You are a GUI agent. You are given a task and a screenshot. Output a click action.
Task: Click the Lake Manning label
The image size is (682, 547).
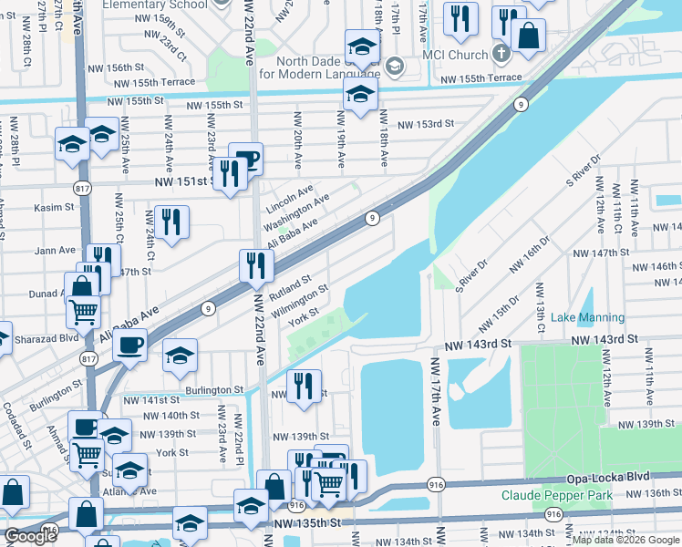pyautogui.click(x=587, y=317)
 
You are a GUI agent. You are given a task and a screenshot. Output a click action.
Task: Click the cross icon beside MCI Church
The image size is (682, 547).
pyautogui.click(x=500, y=53)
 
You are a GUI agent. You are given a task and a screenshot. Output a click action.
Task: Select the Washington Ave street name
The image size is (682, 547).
pyautogui.click(x=296, y=212)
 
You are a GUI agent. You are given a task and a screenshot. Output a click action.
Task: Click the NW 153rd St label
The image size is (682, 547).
pyautogui.click(x=422, y=123)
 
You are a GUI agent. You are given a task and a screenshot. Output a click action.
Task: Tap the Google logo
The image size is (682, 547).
pyautogui.click(x=30, y=536)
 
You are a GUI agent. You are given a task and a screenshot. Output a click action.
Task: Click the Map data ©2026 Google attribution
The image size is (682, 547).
pyautogui.click(x=625, y=540)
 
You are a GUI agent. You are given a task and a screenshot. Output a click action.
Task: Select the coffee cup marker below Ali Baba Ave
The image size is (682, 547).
pyautogui.click(x=129, y=346)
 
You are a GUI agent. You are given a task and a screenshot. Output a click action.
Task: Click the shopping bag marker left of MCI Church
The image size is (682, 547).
pyautogui.click(x=528, y=36)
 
